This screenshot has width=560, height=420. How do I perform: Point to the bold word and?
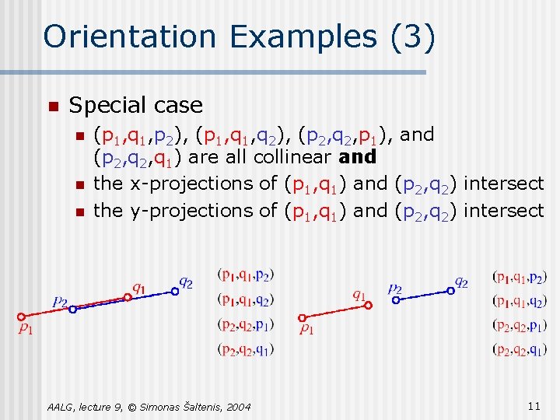point(359,156)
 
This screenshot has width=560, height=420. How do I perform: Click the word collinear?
point(293,156)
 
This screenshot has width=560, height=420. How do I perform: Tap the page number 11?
point(534,406)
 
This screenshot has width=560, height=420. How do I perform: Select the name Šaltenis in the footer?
point(192,407)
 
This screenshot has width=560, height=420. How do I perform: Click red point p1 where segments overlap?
point(22,317)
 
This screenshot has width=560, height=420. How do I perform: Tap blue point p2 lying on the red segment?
point(72,309)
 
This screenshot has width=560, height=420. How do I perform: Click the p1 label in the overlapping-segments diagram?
point(26,329)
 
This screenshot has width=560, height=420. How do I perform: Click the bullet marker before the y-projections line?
point(79,212)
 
